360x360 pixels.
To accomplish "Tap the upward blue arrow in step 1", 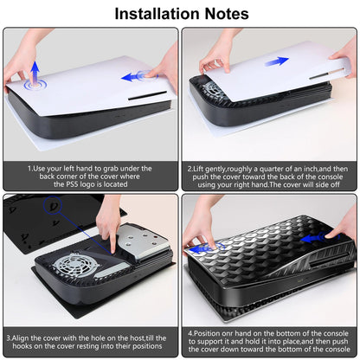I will point(34,72).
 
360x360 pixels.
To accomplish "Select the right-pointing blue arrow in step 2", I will point(278,62).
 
